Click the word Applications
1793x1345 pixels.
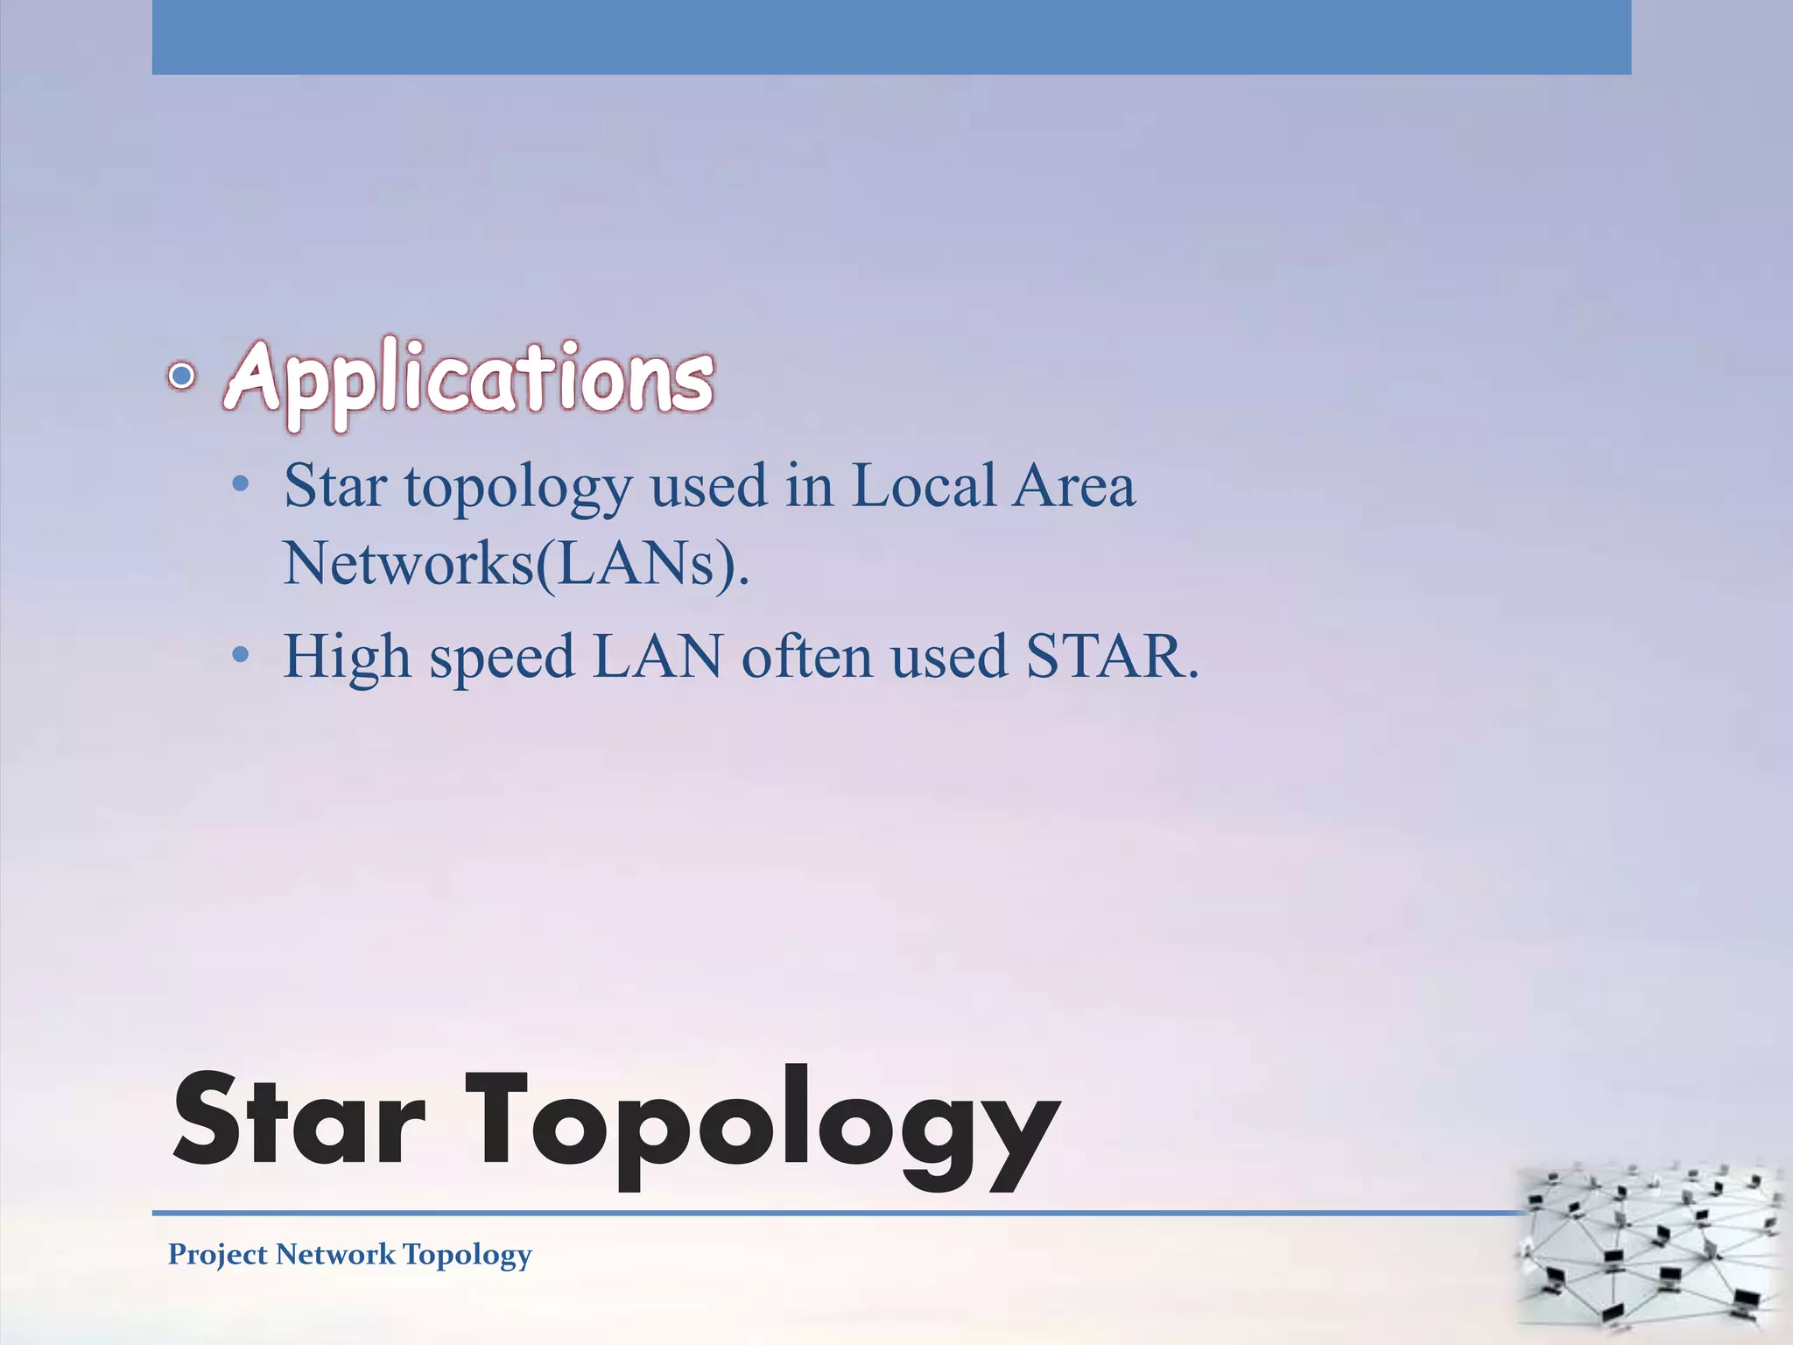[x=470, y=378]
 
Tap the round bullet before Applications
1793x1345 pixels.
[x=181, y=377]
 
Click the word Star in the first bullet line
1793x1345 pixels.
[x=335, y=486]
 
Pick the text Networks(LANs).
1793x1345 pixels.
[x=516, y=563]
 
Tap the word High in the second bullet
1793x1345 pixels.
[x=347, y=658]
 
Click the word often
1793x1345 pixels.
[x=807, y=656]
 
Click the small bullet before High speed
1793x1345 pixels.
[x=241, y=655]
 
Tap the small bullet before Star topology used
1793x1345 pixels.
[x=241, y=484]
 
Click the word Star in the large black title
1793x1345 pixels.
[x=299, y=1123]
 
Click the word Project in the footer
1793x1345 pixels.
[x=218, y=1255]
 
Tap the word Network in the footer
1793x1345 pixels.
[x=335, y=1254]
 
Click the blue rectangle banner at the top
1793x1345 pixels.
[x=891, y=37]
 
